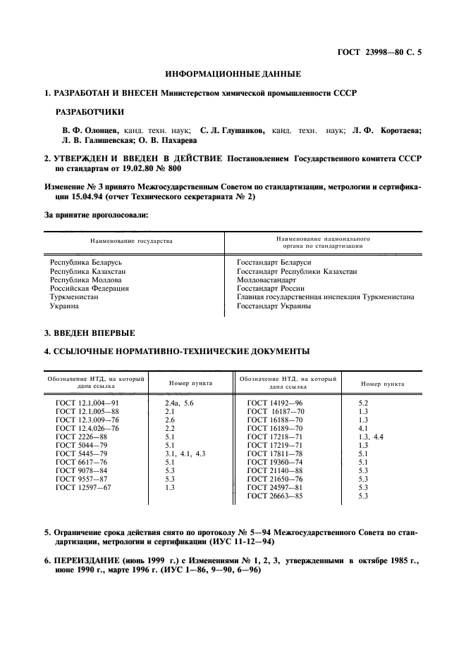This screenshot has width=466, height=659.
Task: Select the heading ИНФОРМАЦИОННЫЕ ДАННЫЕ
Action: (x=233, y=74)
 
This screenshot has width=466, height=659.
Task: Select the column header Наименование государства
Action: (x=130, y=241)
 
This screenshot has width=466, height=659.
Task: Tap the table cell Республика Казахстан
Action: (x=87, y=271)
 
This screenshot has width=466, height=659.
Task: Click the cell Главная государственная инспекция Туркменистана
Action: (x=325, y=297)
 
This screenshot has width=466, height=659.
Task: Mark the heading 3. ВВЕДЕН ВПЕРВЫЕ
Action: (x=89, y=332)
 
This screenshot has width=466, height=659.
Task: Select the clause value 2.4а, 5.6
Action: (x=178, y=402)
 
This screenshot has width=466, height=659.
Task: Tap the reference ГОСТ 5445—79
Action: (x=81, y=454)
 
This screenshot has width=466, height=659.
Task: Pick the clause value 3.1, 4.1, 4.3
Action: (x=185, y=454)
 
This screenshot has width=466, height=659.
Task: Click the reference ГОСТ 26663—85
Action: (x=276, y=515)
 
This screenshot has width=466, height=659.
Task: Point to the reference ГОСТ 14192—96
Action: (x=276, y=402)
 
